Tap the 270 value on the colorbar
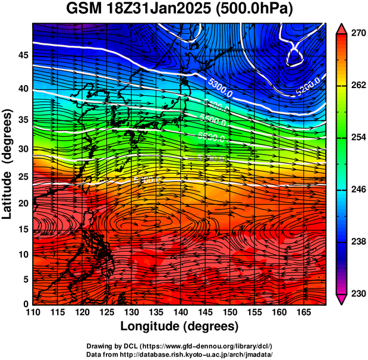[357, 34]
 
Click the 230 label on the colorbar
[357, 293]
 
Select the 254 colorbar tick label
[357, 137]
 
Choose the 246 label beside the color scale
[357, 190]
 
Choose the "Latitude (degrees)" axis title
[8, 164]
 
